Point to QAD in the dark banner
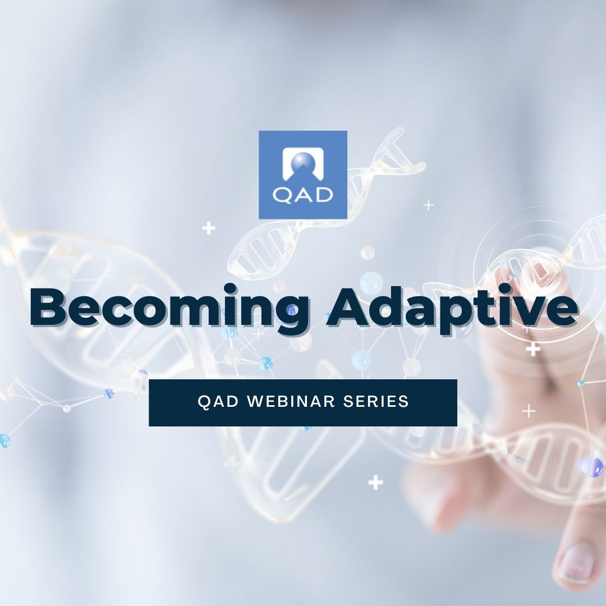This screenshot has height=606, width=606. [218, 402]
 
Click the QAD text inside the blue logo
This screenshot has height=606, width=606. [302, 195]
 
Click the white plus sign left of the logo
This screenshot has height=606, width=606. [209, 228]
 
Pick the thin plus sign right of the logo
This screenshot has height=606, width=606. [428, 204]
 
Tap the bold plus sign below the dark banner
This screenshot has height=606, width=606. [375, 483]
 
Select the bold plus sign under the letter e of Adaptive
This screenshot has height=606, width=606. [534, 350]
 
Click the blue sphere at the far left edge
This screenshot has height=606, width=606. [4, 440]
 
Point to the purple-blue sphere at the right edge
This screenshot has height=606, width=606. [592, 467]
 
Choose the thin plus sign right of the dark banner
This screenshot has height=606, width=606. [529, 411]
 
